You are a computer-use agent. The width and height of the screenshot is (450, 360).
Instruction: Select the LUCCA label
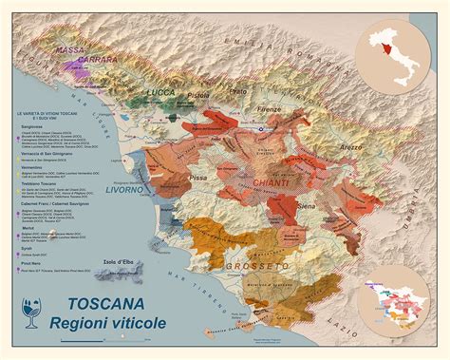coord(164,92)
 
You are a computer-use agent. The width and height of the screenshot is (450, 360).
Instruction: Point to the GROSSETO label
coord(262,268)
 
